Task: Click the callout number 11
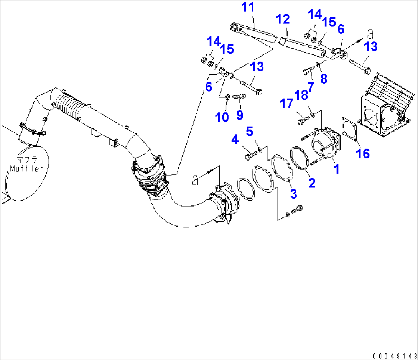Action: (x=247, y=8)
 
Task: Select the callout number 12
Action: (x=284, y=20)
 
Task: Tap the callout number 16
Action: (x=362, y=154)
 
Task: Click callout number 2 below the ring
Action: (x=312, y=183)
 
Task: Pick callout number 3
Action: (x=293, y=194)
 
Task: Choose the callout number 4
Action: (x=235, y=140)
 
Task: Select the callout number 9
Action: (x=240, y=114)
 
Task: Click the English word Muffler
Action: (x=26, y=169)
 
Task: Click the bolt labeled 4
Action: (x=250, y=156)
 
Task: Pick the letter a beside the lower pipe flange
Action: (x=196, y=180)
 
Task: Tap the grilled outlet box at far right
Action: (x=383, y=111)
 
